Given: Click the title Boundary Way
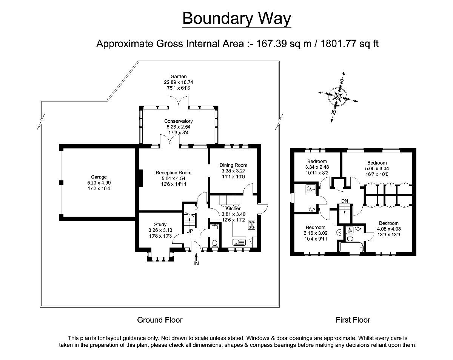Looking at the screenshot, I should (x=237, y=18).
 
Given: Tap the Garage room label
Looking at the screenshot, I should (x=99, y=177).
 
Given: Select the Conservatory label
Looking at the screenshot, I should (x=178, y=121).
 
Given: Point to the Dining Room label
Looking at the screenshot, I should (x=233, y=165).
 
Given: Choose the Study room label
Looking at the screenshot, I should (x=160, y=225).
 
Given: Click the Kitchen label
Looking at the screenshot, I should (x=233, y=208).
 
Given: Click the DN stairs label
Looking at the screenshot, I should (x=344, y=200).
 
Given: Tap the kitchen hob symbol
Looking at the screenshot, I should (x=251, y=225).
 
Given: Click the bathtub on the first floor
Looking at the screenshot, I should (x=351, y=247).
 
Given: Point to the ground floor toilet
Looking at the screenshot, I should (x=214, y=243).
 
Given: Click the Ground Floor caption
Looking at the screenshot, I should (x=160, y=320).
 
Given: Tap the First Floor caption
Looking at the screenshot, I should (x=353, y=320).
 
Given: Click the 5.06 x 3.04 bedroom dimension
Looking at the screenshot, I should (x=377, y=169).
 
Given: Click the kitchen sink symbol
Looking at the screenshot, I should (x=239, y=242).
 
